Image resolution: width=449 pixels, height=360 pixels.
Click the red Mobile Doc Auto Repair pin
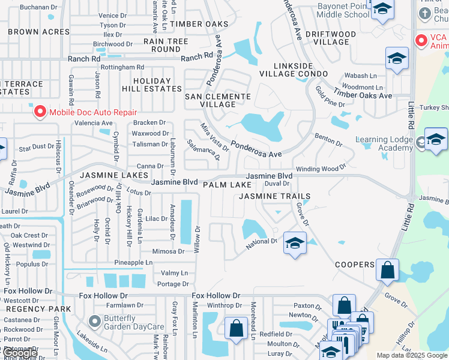pyautogui.click(x=40, y=112)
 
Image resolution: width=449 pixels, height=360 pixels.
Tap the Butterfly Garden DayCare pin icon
pyautogui.click(x=95, y=321)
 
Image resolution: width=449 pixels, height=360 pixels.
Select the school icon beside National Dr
pyautogui.click(x=294, y=243)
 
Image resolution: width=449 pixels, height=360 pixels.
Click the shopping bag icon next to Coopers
pyautogui.click(x=387, y=270)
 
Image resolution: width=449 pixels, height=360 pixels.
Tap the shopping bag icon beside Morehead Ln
pyautogui.click(x=236, y=328)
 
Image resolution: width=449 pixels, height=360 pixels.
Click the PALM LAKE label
pyautogui.click(x=227, y=185)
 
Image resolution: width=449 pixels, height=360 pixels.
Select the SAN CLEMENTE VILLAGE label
pyautogui.click(x=217, y=100)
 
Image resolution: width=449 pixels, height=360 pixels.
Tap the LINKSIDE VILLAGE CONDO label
pyautogui.click(x=294, y=69)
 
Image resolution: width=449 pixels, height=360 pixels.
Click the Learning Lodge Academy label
pyautogui.click(x=384, y=144)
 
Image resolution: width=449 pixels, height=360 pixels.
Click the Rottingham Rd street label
pyautogui.click(x=122, y=68)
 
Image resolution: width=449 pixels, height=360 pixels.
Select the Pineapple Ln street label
pyautogui.click(x=133, y=263)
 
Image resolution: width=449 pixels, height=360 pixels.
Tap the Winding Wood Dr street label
pyautogui.click(x=321, y=169)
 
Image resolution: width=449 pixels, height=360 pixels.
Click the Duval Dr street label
pyautogui.click(x=277, y=184)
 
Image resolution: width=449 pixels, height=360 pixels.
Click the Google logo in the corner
pyautogui.click(x=20, y=353)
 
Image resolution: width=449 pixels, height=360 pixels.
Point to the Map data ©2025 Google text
pyautogui.click(x=411, y=355)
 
